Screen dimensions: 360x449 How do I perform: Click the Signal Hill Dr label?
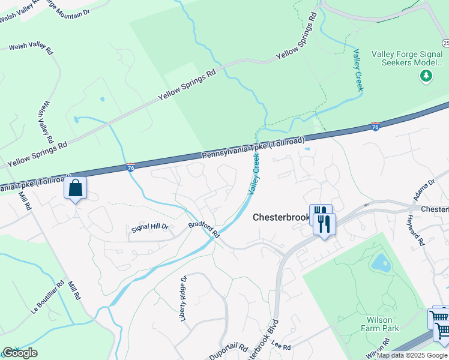click(x=151, y=227)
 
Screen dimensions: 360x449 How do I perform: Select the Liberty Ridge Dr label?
click(x=184, y=298)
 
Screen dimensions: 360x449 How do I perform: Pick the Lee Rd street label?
click(x=281, y=346)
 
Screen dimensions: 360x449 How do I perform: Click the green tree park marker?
click(x=426, y=76)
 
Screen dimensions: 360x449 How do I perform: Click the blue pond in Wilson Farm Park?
click(x=380, y=262)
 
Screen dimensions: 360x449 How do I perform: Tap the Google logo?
click(x=20, y=353)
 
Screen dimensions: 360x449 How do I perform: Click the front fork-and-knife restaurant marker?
click(x=325, y=224)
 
